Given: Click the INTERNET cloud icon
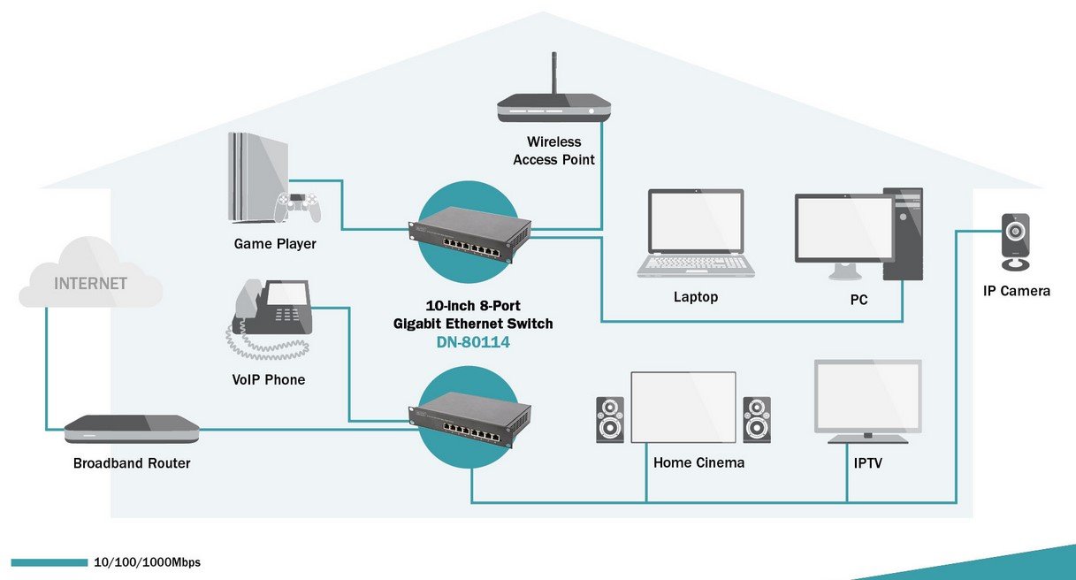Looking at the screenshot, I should pyautogui.click(x=90, y=281).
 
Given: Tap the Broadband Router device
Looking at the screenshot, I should pyautogui.click(x=132, y=429).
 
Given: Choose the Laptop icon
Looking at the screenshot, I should pyautogui.click(x=697, y=232).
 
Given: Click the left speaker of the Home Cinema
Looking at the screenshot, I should pyautogui.click(x=610, y=419).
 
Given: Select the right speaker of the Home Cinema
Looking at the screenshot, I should pyautogui.click(x=756, y=419).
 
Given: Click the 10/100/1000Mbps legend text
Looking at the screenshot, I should pyautogui.click(x=147, y=562).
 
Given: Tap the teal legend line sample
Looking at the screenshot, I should pyautogui.click(x=50, y=562).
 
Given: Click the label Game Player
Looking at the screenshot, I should pyautogui.click(x=274, y=243).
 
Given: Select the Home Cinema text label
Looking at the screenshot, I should pyautogui.click(x=698, y=462).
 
